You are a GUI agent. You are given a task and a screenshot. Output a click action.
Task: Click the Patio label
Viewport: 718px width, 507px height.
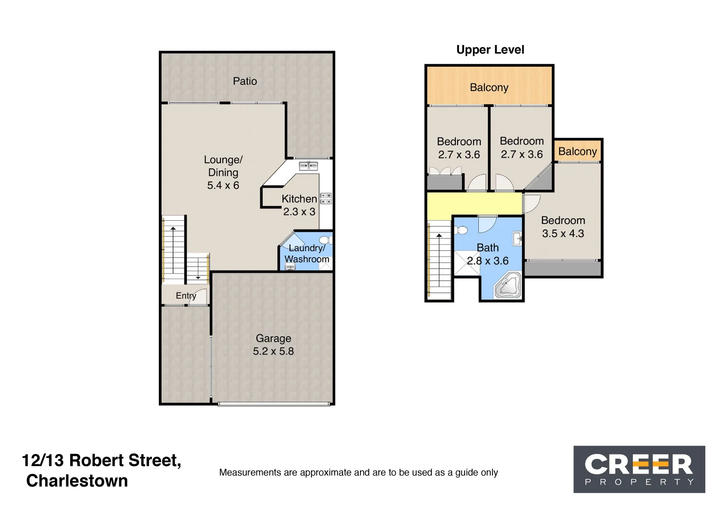245,81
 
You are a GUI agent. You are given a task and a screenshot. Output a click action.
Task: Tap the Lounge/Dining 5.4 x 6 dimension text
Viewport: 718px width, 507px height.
223,185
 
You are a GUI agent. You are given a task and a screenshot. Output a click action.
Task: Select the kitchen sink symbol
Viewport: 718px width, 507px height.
308,166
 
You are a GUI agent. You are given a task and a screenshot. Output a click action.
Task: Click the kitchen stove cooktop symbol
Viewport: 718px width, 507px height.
326,199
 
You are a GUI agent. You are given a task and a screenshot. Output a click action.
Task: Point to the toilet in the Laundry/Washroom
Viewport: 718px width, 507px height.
326,240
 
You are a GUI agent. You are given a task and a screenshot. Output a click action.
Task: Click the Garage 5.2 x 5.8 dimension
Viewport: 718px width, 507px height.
273,351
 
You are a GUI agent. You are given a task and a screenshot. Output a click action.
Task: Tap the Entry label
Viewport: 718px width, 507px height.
186,296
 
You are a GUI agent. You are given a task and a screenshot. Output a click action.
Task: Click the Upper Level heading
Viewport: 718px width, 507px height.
490,50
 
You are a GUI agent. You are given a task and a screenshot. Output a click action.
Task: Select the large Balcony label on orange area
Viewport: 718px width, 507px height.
489,87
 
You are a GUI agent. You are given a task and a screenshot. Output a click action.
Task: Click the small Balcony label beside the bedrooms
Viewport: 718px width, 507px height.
577,152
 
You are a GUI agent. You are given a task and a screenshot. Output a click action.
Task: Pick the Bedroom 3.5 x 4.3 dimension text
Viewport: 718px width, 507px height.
563,233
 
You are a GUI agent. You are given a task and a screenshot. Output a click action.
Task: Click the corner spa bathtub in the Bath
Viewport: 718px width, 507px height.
508,285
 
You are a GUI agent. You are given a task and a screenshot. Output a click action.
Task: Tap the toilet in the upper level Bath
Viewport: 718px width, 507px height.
461,230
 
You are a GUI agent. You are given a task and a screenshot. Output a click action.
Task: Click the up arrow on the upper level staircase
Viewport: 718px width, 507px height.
439,236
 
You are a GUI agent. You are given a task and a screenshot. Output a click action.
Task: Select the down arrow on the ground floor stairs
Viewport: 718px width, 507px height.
198,277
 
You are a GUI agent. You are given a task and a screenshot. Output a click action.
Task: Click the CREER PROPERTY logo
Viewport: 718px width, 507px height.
639,469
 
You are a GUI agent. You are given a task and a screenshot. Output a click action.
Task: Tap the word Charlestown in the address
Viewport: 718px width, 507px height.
77,481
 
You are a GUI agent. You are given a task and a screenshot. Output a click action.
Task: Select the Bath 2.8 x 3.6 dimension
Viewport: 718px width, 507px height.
488,261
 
